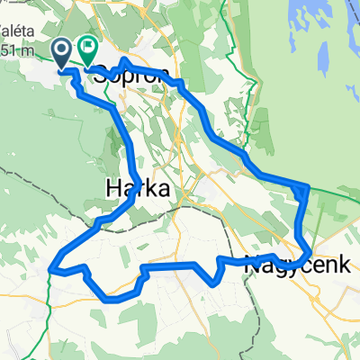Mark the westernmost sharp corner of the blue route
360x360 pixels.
point(51,268)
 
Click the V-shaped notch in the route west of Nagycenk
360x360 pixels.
point(213,282)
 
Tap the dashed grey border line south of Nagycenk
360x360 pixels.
point(297,306)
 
